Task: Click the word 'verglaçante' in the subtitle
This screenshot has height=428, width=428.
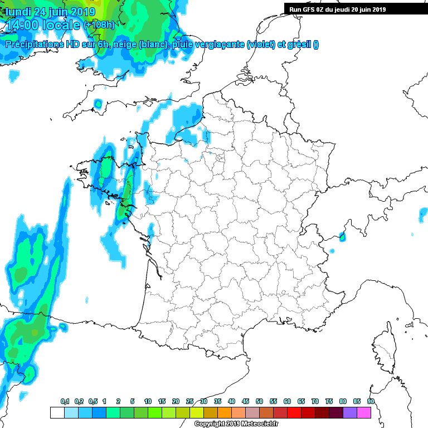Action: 221,45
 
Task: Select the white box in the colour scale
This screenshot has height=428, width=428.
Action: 57,412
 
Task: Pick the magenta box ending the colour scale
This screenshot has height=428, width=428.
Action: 363,412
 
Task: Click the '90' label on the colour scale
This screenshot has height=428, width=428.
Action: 371,401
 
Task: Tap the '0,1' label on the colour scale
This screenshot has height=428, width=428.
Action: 65,401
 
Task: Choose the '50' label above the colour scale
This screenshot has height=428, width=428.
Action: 259,401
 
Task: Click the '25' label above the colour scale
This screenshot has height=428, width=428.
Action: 189,401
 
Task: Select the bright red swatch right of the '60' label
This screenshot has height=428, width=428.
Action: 294,412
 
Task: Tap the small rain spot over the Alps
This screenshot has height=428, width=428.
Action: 342,237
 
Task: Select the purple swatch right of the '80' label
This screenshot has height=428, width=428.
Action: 349,412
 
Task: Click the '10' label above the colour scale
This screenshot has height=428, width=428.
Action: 148,401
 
